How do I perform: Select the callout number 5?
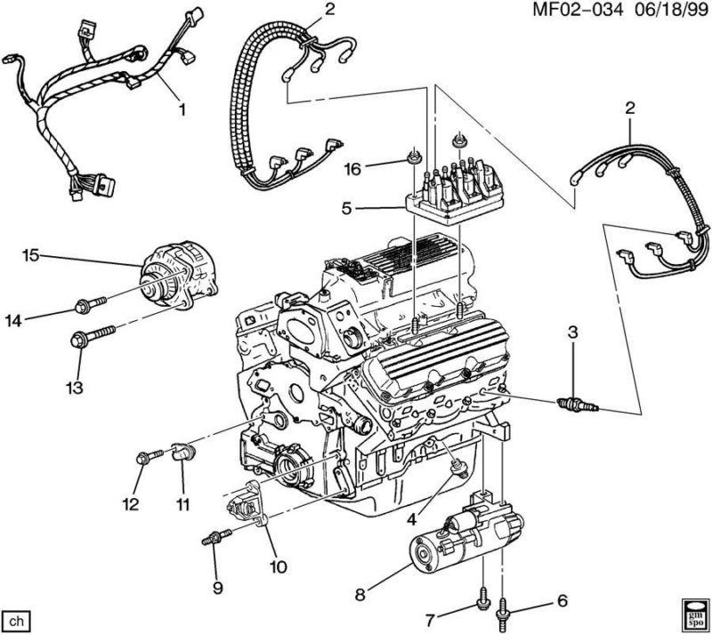pyautogui.click(x=348, y=211)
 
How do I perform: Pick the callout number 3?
pyautogui.click(x=573, y=333)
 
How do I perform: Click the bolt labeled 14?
pyautogui.click(x=88, y=305)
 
